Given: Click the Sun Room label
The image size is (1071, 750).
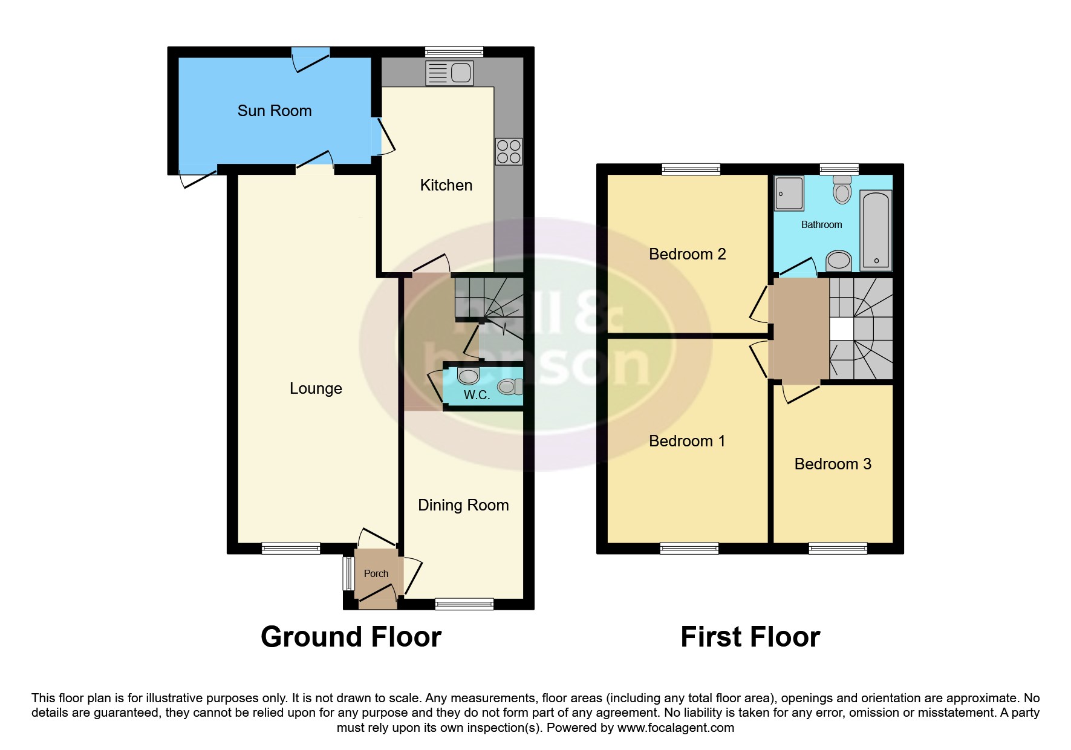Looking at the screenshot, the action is [x=275, y=111].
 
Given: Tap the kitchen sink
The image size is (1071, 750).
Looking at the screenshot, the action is [x=449, y=73].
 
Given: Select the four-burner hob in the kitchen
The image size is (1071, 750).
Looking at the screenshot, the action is [x=509, y=152].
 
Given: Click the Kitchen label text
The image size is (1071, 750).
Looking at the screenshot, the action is [x=446, y=185].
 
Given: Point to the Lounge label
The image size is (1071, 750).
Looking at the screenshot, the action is [x=316, y=388].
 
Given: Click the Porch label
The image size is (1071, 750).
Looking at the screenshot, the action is [x=376, y=573].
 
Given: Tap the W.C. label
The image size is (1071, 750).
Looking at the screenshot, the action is [x=477, y=395].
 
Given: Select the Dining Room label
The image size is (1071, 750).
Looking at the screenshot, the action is [x=463, y=505].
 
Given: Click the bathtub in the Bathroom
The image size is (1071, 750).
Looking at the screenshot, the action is [x=876, y=230].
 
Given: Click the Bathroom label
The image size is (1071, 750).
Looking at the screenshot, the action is [x=821, y=225].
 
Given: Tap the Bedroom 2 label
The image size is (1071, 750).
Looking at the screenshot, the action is [x=687, y=254].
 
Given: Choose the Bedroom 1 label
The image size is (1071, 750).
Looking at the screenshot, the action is [x=687, y=441].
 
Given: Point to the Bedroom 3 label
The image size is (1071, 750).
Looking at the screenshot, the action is [x=833, y=464].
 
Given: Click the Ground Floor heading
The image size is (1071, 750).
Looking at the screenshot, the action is [x=351, y=637].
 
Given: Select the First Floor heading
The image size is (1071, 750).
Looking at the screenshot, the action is [x=750, y=637].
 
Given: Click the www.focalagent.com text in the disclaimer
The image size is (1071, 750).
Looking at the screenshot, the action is [x=675, y=728].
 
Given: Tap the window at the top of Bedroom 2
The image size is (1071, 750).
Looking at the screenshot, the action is [x=691, y=169].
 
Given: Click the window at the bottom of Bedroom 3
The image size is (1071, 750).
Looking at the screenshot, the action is [x=838, y=549].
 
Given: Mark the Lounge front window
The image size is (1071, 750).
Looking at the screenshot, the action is [x=291, y=549].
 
